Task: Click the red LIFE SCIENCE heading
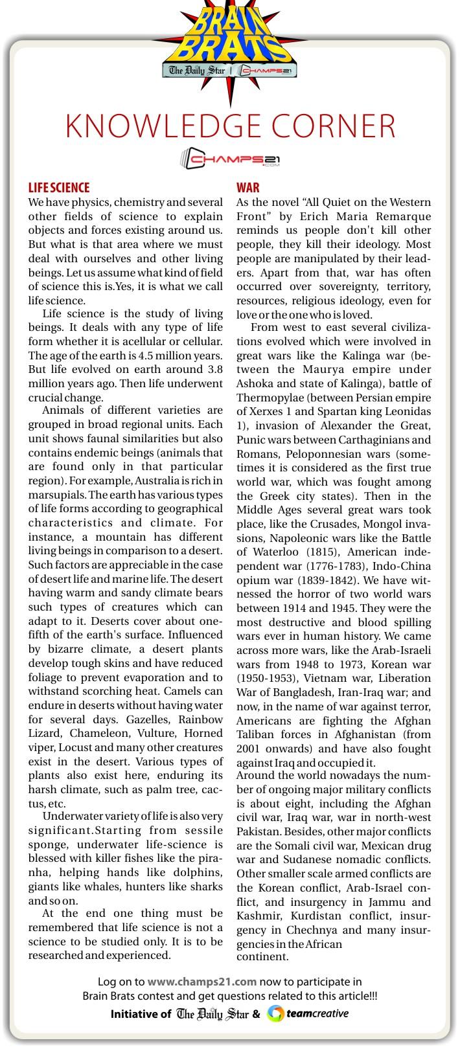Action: tap(59, 188)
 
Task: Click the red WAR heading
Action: tap(247, 188)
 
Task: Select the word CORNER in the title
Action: tap(343, 126)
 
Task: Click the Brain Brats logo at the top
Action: tap(230, 39)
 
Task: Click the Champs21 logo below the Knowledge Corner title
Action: tap(230, 158)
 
